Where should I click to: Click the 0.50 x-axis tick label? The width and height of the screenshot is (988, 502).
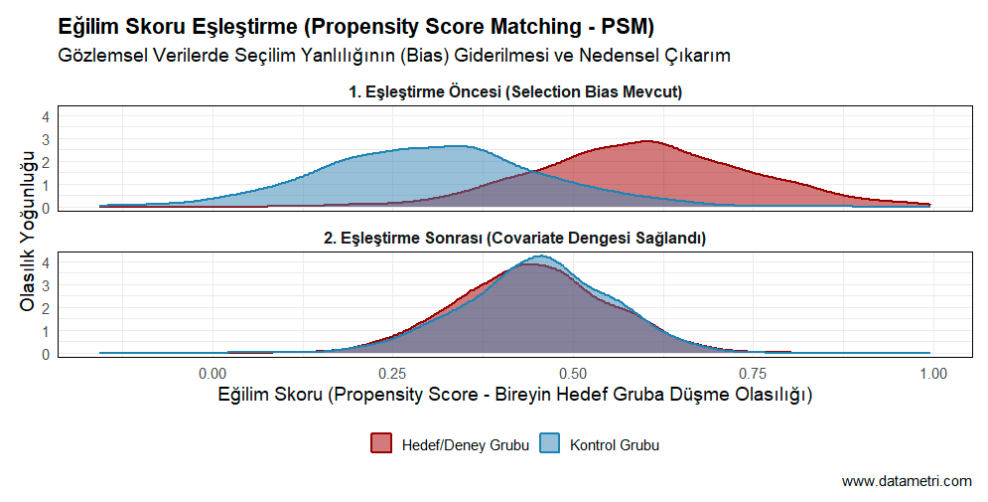[x=571, y=374]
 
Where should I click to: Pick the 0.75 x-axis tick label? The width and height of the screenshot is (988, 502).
[x=752, y=374]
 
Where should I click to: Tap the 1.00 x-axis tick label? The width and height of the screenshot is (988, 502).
[x=932, y=374]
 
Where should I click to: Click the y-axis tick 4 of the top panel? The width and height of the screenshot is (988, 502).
[x=45, y=116]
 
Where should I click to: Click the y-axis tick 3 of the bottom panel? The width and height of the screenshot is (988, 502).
[x=45, y=285]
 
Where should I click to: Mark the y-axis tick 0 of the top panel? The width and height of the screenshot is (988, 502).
[x=45, y=209]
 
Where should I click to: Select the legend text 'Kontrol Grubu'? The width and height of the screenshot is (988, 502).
[x=615, y=444]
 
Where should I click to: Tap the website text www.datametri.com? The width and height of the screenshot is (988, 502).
[x=907, y=481]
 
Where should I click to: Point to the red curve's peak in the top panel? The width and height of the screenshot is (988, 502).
[x=647, y=141]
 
